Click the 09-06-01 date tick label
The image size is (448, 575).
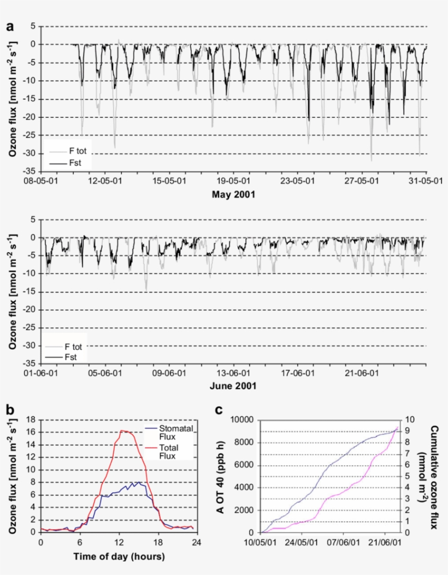tap(169, 373)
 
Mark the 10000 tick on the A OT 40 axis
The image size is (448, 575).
tap(245, 420)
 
